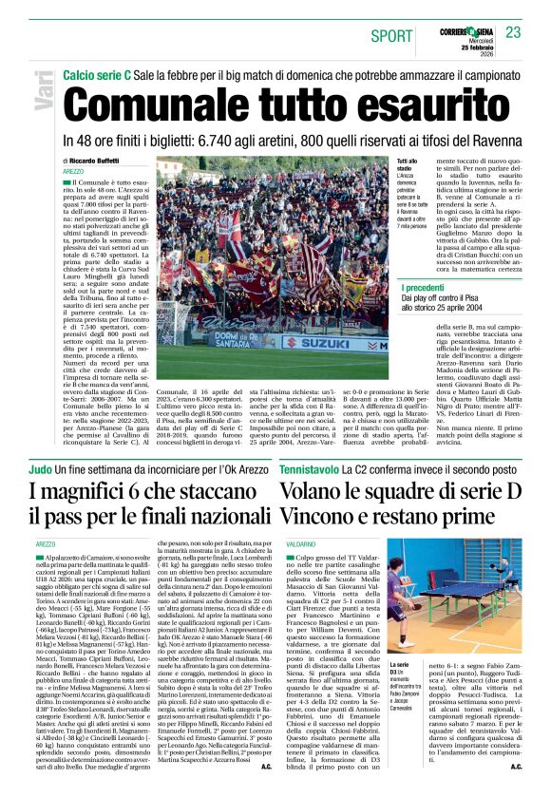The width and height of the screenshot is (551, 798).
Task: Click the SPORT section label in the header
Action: tap(391, 35)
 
